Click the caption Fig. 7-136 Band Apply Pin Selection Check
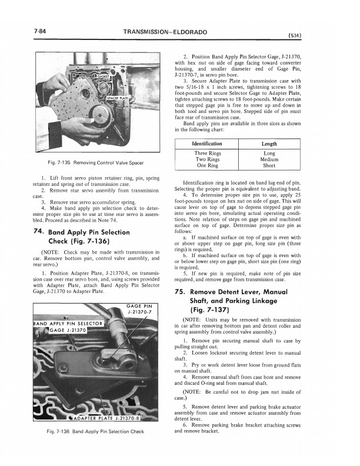click(x=95, y=432)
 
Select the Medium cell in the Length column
click(x=269, y=159)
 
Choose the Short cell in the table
click(x=269, y=166)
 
